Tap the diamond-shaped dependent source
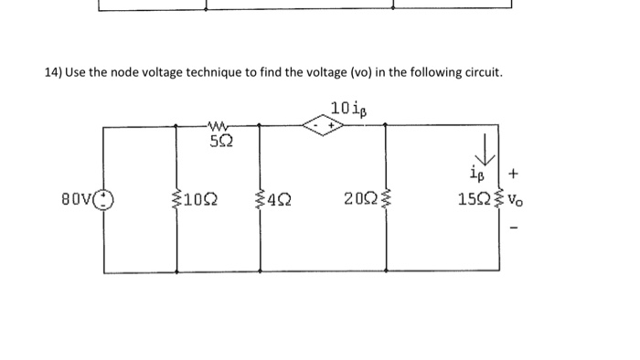(325, 129)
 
